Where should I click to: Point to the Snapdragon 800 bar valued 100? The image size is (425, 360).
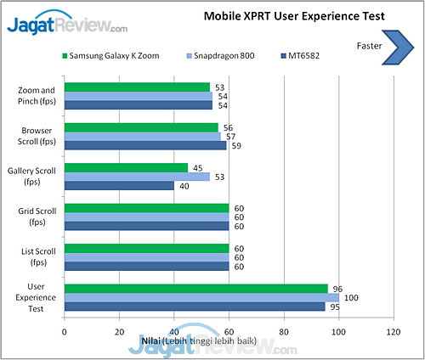click(201, 297)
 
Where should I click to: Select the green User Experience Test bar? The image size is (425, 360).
click(195, 288)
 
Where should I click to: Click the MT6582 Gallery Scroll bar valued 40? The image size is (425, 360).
click(119, 186)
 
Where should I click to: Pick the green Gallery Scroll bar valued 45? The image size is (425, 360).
click(126, 167)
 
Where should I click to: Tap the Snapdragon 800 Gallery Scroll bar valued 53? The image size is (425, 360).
click(137, 177)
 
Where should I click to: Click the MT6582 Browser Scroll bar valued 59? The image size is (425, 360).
click(145, 145)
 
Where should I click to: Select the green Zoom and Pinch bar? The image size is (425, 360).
click(137, 87)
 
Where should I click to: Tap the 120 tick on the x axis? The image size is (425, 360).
click(394, 332)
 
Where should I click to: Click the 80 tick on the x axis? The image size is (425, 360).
click(284, 332)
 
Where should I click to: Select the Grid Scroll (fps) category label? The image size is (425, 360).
click(37, 216)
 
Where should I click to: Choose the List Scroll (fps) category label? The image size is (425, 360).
click(37, 256)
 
